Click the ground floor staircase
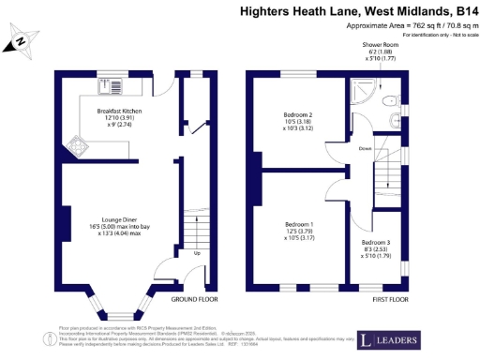(x=196, y=229)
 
